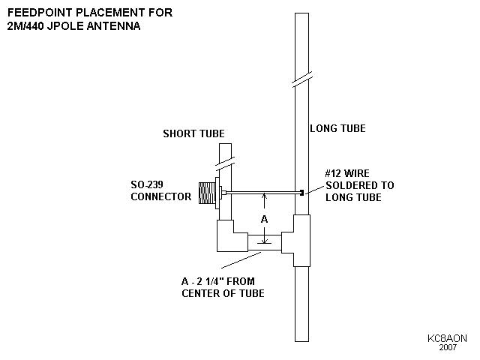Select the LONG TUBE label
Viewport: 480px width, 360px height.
point(337,129)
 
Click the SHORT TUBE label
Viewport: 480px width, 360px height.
point(194,134)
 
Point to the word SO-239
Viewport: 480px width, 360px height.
point(148,185)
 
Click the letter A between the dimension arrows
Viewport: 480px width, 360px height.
point(264,220)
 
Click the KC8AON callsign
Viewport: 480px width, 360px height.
point(448,338)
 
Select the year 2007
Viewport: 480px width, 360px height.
point(448,349)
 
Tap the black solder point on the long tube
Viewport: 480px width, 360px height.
point(301,193)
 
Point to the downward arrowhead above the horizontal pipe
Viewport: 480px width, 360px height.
point(264,236)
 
